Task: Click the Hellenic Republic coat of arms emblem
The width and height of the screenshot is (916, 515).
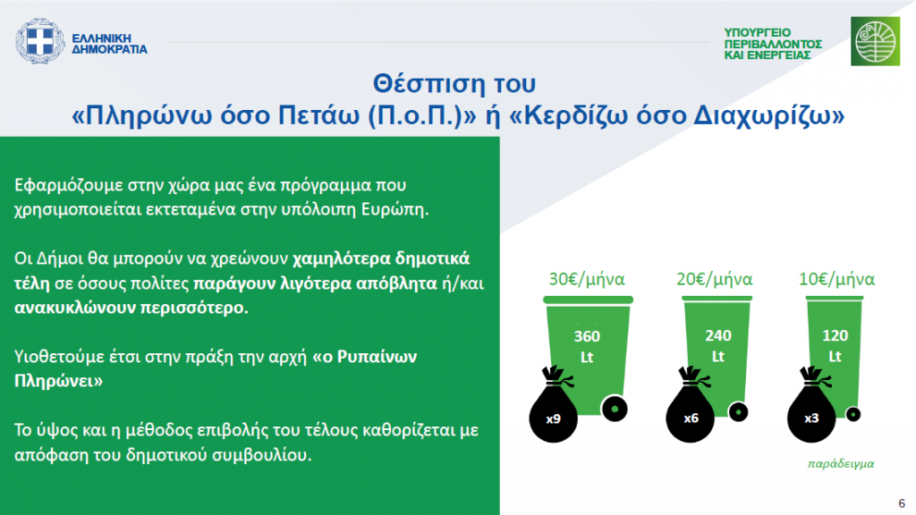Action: (x=39, y=41)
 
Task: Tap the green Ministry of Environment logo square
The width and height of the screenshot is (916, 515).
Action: (x=875, y=41)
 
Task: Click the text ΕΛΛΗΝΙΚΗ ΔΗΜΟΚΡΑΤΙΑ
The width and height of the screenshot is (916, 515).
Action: (x=109, y=44)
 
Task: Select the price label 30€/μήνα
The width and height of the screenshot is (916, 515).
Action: (x=587, y=279)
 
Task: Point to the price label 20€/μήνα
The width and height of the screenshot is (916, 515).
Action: (x=715, y=279)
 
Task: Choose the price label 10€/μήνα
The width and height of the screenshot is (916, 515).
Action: (x=836, y=279)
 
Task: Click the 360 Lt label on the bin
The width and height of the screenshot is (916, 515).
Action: (x=587, y=346)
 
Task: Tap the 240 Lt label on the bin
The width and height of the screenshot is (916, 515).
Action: (x=718, y=346)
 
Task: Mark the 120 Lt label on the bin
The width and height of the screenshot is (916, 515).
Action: (x=835, y=346)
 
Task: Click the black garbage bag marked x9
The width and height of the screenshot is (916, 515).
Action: (x=553, y=408)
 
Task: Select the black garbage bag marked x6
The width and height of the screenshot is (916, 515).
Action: (x=690, y=407)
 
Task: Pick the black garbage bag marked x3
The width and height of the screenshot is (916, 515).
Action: (x=810, y=407)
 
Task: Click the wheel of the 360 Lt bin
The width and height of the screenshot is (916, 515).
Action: (x=615, y=409)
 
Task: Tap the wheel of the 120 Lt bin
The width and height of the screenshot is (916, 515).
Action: (x=853, y=415)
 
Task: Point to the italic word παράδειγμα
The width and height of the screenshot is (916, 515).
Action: (x=841, y=464)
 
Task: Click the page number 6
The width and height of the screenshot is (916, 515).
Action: (x=902, y=503)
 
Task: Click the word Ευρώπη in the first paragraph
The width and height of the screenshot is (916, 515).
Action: (x=394, y=209)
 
